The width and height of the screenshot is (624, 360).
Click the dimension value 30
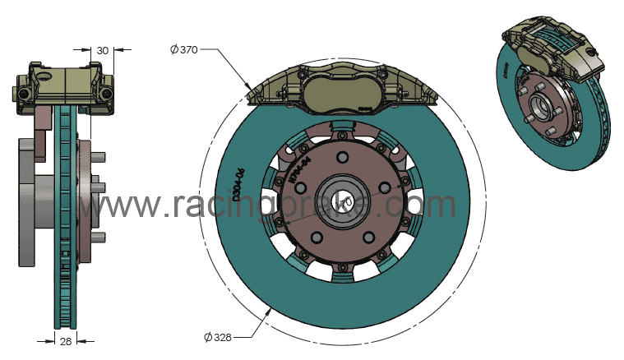click(x=103, y=50)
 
